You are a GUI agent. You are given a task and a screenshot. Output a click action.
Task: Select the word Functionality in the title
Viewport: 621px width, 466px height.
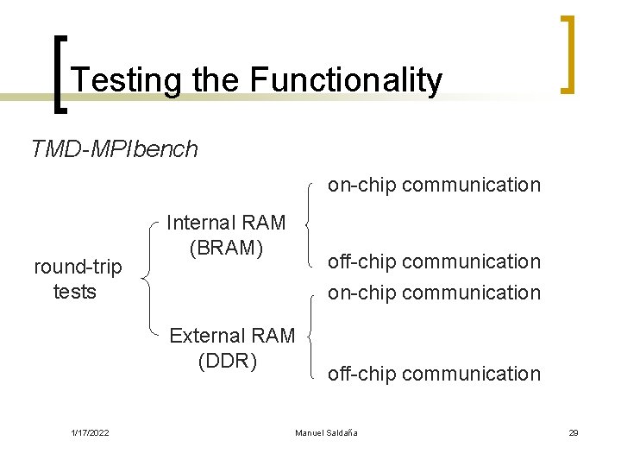346,80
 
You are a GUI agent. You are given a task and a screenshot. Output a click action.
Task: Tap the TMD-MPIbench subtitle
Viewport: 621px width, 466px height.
114,149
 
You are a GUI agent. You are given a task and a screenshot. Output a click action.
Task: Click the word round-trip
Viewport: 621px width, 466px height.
78,268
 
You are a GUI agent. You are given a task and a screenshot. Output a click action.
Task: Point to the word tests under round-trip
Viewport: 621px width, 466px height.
75,292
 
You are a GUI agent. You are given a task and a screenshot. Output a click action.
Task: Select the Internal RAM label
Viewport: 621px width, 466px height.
226,223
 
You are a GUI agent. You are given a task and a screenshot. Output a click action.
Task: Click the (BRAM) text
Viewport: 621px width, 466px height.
226,248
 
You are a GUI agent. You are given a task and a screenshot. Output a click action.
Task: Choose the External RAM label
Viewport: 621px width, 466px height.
232,336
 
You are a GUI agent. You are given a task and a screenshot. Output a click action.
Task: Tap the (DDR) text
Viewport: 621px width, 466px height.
228,361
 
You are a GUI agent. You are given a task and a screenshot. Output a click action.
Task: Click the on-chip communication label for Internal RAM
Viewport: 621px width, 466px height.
433,185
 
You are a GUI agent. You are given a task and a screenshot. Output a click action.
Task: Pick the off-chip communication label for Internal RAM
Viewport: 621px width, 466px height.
433,261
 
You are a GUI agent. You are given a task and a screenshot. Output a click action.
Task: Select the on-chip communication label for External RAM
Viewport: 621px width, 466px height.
433,293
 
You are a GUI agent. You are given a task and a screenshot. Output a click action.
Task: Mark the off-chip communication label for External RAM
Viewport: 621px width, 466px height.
433,374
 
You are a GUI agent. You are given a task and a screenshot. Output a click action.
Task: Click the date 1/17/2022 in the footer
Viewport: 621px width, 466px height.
89,432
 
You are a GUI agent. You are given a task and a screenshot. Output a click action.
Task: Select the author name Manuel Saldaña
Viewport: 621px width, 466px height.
326,432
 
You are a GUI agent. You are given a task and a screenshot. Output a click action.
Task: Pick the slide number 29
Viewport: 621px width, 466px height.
573,432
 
